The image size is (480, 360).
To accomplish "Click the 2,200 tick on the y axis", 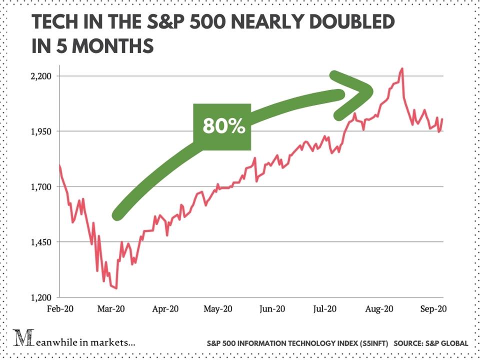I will click(41, 76).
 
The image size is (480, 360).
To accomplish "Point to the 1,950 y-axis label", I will click(41, 131).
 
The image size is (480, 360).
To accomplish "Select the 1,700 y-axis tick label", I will click(41, 187).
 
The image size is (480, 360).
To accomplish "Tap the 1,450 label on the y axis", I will click(41, 242).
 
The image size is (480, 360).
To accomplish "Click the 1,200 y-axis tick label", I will click(41, 297).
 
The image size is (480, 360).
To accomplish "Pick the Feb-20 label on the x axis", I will click(59, 309).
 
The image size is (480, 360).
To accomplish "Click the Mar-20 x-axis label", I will click(111, 309).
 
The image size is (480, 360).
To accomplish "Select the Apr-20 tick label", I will click(165, 309).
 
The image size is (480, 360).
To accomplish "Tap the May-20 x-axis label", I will click(218, 309).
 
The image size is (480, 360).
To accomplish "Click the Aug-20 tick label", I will click(378, 309).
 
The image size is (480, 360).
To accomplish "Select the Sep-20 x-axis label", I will click(431, 309).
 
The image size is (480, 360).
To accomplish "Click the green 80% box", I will click(222, 127).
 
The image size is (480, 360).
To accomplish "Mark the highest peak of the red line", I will click(402, 68).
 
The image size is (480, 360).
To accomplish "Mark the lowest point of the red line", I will click(116, 288).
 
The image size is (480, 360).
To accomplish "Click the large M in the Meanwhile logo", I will click(21, 339).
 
